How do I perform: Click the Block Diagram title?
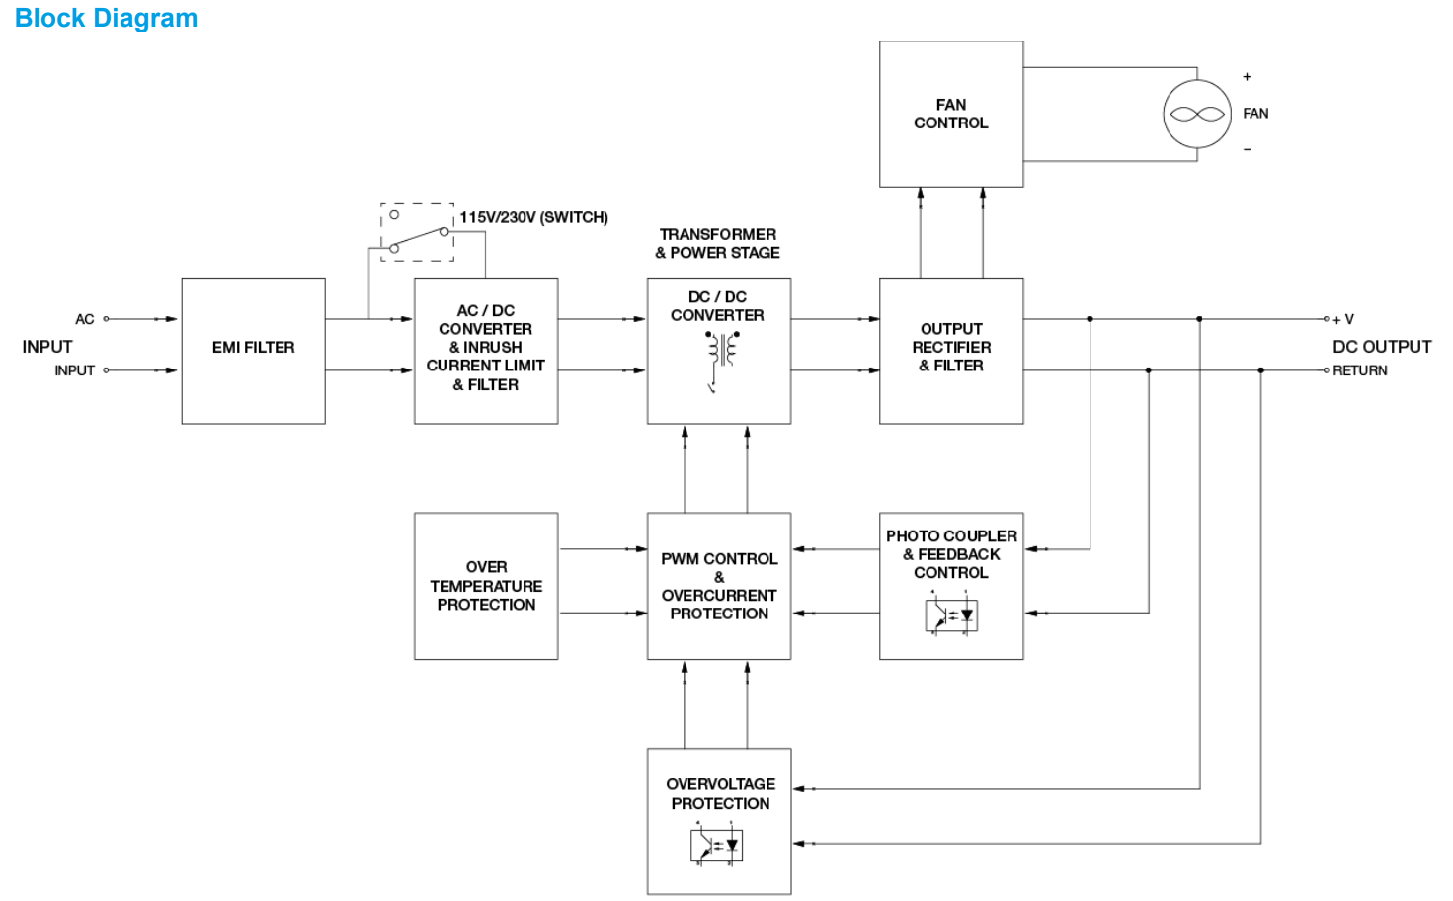point(106,18)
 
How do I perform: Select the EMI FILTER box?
point(253,350)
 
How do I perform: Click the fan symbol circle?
point(1197,115)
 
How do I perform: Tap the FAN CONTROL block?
point(950,114)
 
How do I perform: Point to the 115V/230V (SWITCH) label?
point(533,217)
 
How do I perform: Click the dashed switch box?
point(418,232)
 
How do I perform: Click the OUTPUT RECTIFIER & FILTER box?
point(950,350)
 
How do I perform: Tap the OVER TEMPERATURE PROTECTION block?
point(486,586)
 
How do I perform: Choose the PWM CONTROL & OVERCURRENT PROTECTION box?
point(718,586)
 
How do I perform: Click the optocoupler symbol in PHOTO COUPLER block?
point(951,614)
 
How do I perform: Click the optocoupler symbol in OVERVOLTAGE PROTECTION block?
point(716,846)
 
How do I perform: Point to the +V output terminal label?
point(1343,319)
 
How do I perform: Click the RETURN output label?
point(1359,370)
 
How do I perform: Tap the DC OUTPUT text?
point(1381,347)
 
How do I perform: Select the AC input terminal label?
point(85,319)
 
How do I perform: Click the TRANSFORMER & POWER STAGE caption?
point(718,243)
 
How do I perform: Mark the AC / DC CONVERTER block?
point(485,350)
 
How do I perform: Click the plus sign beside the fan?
point(1247,76)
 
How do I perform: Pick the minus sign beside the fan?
point(1247,150)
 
